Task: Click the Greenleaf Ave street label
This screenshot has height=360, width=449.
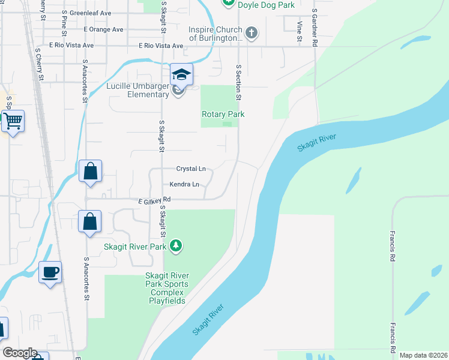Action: [x=90, y=13]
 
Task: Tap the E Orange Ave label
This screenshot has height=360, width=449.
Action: [x=103, y=29]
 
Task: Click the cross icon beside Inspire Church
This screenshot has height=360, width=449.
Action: [x=252, y=33]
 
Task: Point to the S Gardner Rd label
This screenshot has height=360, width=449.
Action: [x=314, y=28]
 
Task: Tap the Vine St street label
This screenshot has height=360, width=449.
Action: [x=299, y=31]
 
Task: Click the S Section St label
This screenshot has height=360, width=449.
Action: [x=238, y=83]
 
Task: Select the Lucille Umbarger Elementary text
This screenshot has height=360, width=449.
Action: [x=137, y=90]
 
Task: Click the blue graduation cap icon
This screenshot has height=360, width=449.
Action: [x=181, y=74]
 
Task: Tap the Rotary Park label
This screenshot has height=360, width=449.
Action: [x=223, y=114]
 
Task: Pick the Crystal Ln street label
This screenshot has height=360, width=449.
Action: [x=191, y=169]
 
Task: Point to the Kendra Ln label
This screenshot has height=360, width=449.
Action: [x=184, y=184]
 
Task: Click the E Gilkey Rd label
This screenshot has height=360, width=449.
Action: [x=154, y=199]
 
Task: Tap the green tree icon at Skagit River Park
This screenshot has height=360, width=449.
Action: [x=175, y=245]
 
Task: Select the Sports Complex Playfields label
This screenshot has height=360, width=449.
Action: [x=167, y=288]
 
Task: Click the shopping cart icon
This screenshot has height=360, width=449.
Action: [x=12, y=121]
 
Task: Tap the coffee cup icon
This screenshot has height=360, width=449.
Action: [x=50, y=272]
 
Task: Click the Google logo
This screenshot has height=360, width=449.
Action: [x=20, y=353]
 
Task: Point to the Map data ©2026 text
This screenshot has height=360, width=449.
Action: [x=424, y=355]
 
